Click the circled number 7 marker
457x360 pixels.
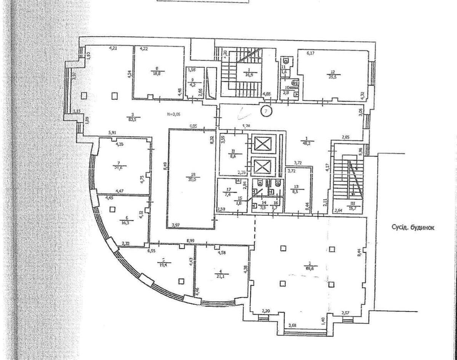[x=267, y=111]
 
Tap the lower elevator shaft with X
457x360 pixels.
[x=262, y=166]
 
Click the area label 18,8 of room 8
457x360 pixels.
[x=156, y=75]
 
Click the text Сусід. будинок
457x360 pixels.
[x=413, y=228]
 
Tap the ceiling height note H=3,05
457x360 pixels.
[x=175, y=114]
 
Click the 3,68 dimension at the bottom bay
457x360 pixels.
[x=292, y=325]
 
